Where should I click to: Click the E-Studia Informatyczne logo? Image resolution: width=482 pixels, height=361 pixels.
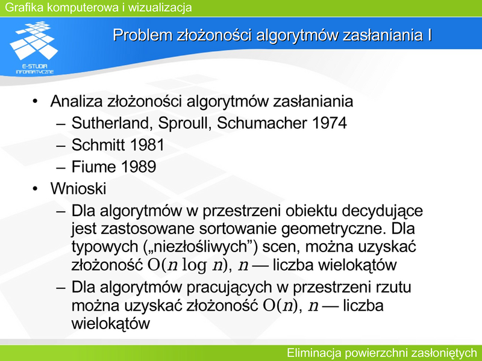[x=34, y=48]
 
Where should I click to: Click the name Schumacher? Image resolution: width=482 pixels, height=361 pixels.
[x=262, y=123]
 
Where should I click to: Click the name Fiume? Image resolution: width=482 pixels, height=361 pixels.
[x=94, y=167]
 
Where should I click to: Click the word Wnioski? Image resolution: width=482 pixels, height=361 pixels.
[x=78, y=188]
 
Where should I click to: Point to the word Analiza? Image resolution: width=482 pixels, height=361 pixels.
[x=77, y=101]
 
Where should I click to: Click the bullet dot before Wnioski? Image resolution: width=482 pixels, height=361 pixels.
[x=35, y=188]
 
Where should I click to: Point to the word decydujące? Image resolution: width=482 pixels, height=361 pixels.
[x=382, y=212]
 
